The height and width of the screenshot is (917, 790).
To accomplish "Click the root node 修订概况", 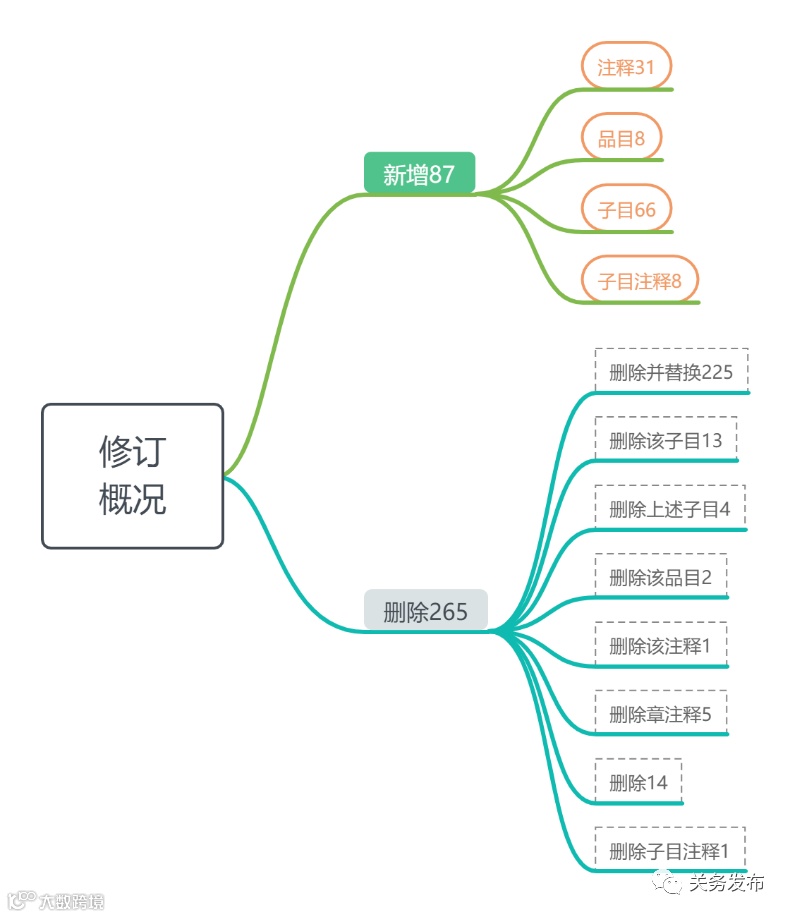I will (x=132, y=476).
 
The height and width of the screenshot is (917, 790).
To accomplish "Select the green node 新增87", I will (x=419, y=174).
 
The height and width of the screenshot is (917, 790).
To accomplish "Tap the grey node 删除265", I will (x=425, y=611).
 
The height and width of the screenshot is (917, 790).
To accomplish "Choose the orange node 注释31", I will (x=626, y=67).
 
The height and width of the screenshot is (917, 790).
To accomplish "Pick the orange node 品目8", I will (x=621, y=139).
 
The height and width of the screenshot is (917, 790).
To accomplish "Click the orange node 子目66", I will (x=626, y=209).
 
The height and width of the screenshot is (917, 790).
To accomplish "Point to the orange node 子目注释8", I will (x=639, y=281).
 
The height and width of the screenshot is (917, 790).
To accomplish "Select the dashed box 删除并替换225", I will (x=671, y=372).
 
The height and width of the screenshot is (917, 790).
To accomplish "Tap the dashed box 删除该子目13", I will (x=665, y=440).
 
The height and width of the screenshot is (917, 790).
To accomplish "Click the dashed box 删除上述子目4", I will (x=669, y=508).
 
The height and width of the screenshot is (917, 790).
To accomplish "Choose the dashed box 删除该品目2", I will (x=660, y=577).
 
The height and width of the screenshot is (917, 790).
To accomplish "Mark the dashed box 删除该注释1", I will (x=660, y=645).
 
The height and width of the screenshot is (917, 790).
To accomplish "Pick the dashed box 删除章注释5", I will (x=660, y=714).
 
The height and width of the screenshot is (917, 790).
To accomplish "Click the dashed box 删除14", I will (x=638, y=782).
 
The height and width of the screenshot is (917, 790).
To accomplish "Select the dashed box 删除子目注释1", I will (x=669, y=851).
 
